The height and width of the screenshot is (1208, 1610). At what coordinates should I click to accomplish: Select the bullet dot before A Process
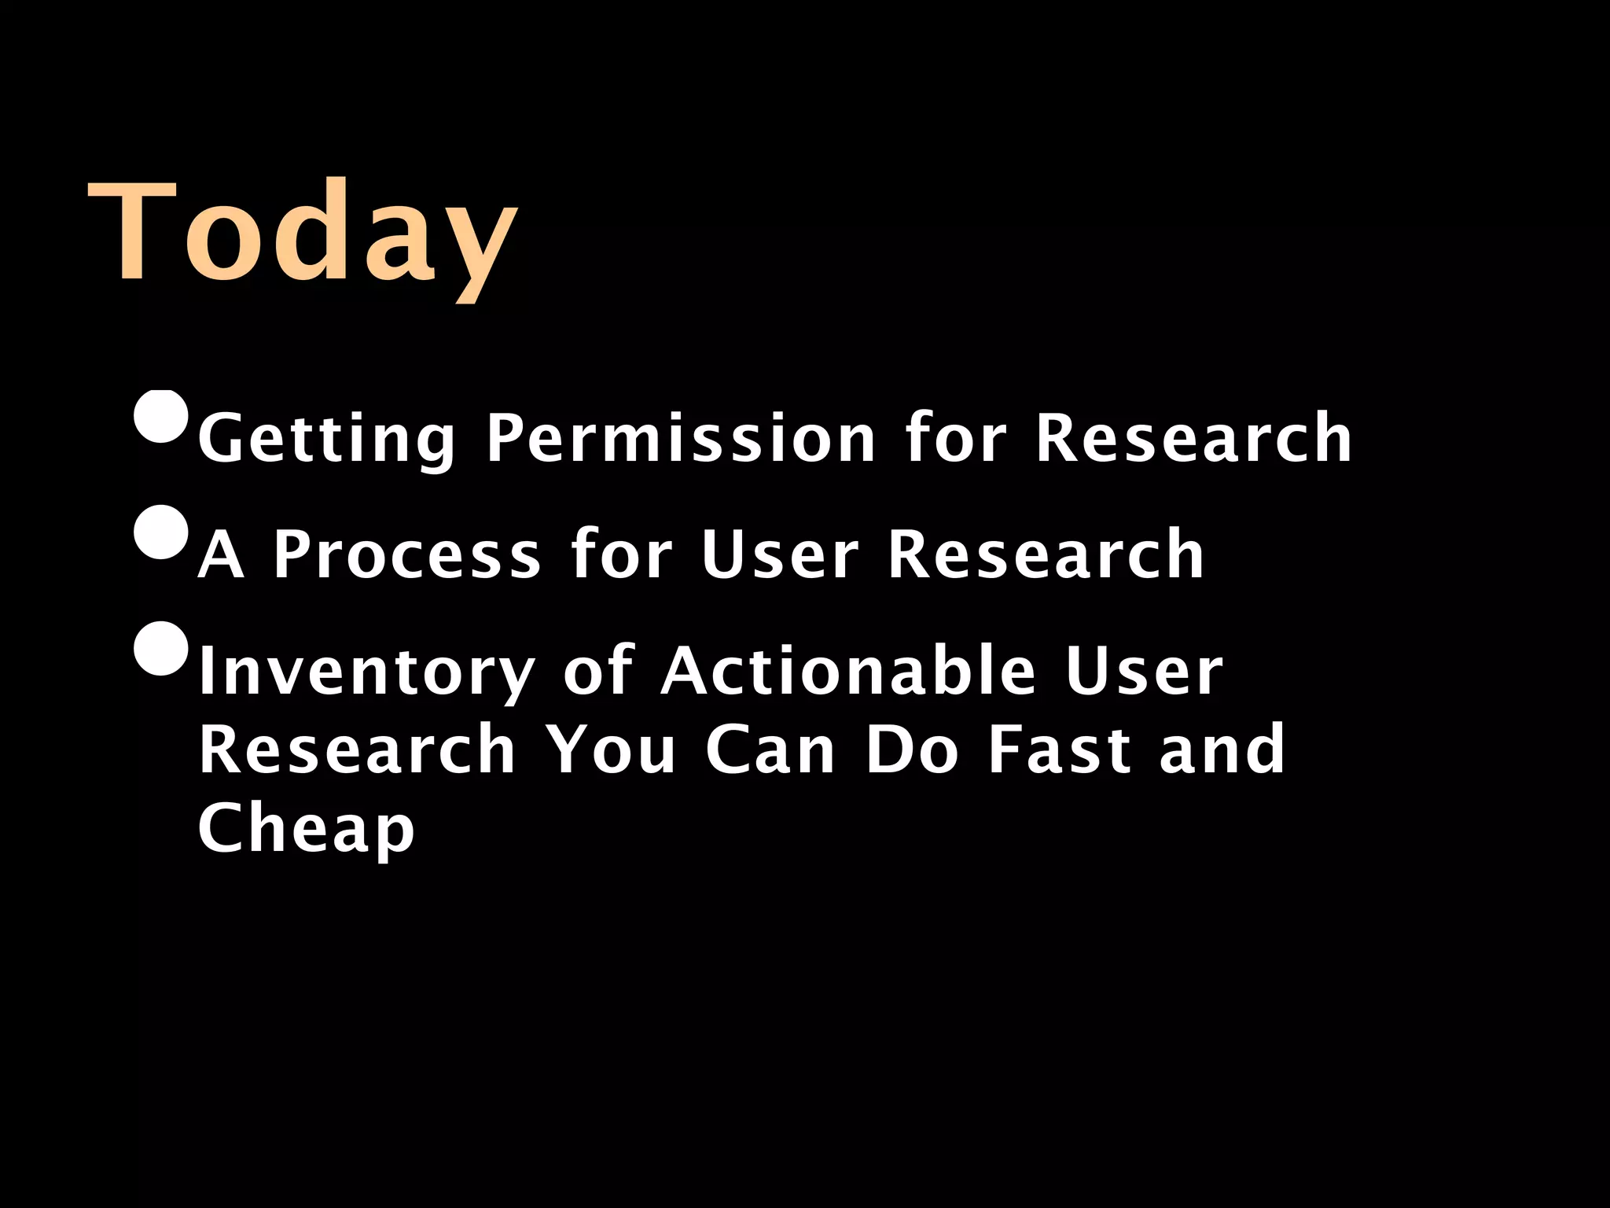coord(161,532)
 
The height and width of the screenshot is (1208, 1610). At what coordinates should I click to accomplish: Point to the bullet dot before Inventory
coord(161,649)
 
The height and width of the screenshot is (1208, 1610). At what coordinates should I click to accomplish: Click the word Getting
coord(326,439)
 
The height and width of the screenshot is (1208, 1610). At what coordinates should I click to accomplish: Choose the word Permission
coord(680,439)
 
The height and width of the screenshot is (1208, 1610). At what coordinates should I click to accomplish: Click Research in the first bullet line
coord(1193,437)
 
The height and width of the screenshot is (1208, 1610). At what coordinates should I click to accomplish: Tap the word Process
coord(407,554)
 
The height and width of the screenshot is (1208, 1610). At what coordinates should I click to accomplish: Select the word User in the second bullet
coord(780,554)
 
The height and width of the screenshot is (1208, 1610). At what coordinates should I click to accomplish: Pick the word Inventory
coord(366,672)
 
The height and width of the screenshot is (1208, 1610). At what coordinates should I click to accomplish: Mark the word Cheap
coord(306,828)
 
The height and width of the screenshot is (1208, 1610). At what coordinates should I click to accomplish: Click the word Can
coord(770,749)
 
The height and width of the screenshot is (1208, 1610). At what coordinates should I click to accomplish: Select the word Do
coord(912,749)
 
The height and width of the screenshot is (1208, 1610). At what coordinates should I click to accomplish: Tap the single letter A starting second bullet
coord(221,554)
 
